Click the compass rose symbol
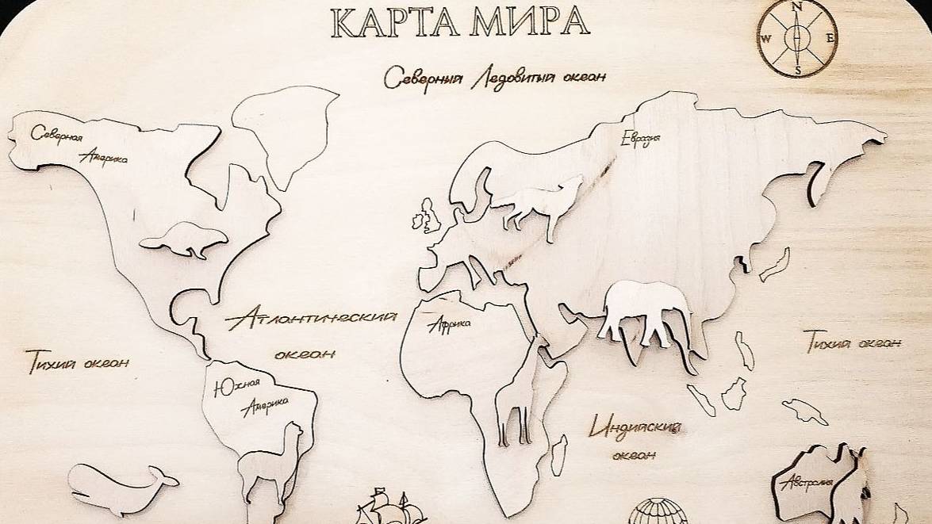pyautogui.click(x=796, y=37)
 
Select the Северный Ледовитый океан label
pyautogui.click(x=495, y=78)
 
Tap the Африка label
pyautogui.click(x=449, y=324)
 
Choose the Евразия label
pyautogui.click(x=641, y=140)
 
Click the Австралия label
pyautogui.click(x=805, y=482)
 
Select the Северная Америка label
pyautogui.click(x=79, y=143)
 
